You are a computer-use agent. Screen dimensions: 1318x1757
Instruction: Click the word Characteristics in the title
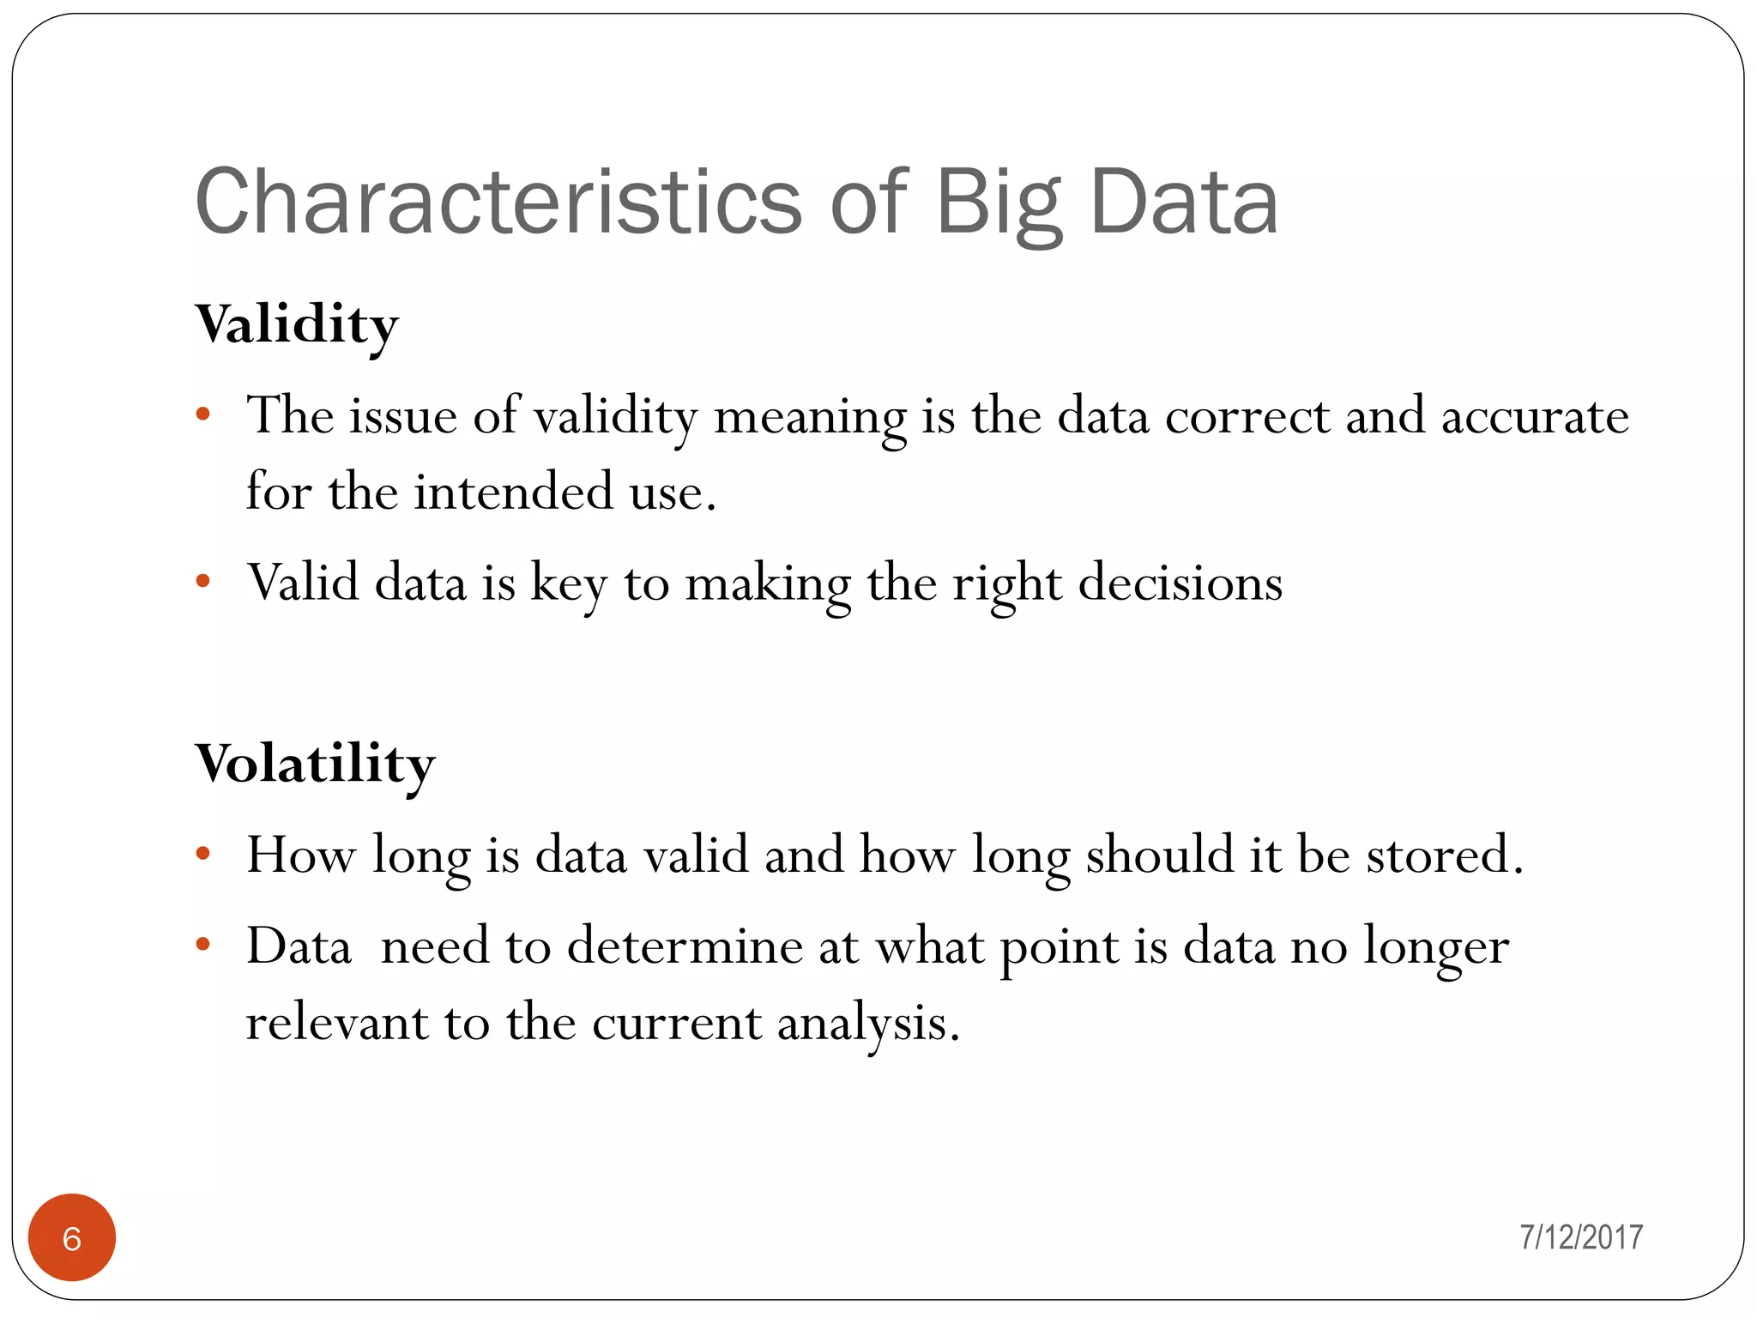coord(498,202)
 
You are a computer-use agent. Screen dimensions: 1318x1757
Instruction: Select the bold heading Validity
coord(297,325)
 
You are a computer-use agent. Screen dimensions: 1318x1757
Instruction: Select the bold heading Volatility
coord(315,764)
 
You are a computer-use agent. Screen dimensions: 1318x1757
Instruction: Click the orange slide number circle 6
coord(72,1237)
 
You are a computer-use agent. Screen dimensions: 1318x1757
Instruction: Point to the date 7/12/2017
coord(1580,1237)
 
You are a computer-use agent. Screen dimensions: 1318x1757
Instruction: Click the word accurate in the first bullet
coord(1534,417)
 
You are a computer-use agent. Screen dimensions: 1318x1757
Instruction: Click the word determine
coord(684,946)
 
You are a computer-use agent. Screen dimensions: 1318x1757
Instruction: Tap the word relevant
coord(337,1023)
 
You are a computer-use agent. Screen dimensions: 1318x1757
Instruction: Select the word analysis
coord(861,1025)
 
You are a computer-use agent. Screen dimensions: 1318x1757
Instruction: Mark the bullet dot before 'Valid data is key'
coord(203,582)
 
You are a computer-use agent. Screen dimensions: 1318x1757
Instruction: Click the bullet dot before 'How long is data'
coord(203,854)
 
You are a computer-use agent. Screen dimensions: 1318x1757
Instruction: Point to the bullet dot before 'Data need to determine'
coord(203,945)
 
